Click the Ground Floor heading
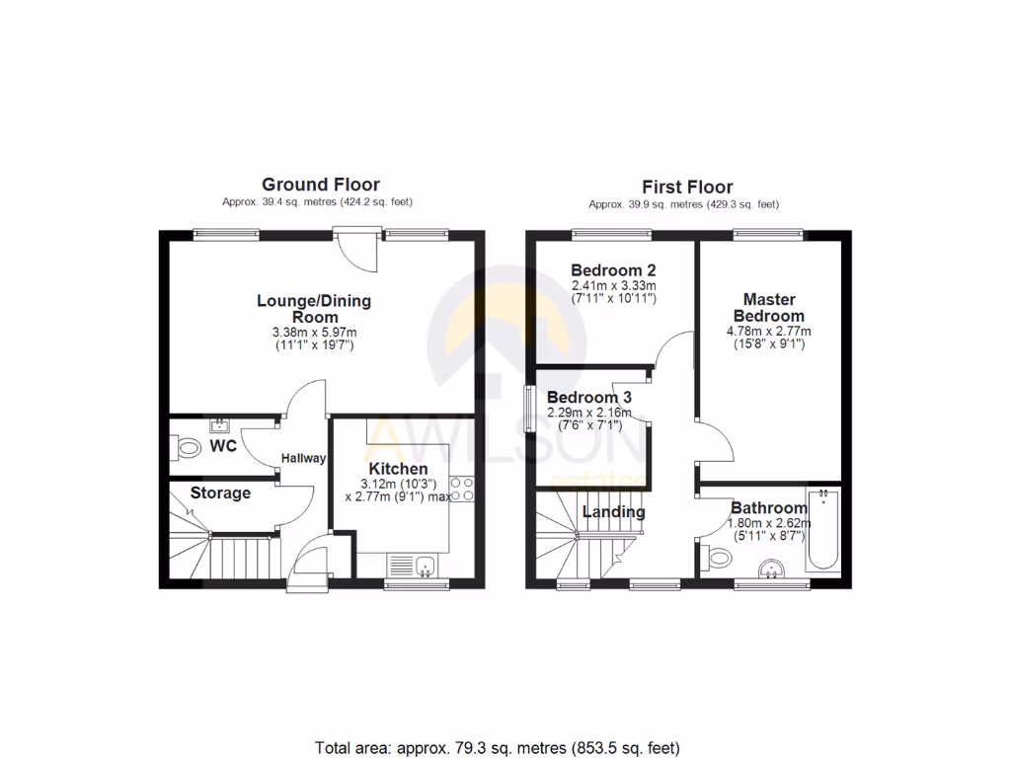tap(320, 185)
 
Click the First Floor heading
tap(687, 187)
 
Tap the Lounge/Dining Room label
tap(314, 309)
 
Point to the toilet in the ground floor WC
tap(185, 449)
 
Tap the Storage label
tap(220, 493)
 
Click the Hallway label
tap(304, 458)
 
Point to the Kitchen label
tap(398, 468)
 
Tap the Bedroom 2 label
tap(614, 269)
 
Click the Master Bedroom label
tap(768, 307)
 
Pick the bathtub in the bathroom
tap(822, 529)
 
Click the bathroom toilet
tap(718, 559)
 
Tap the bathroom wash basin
tap(772, 569)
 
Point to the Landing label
tap(613, 511)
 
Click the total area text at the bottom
tap(498, 746)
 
